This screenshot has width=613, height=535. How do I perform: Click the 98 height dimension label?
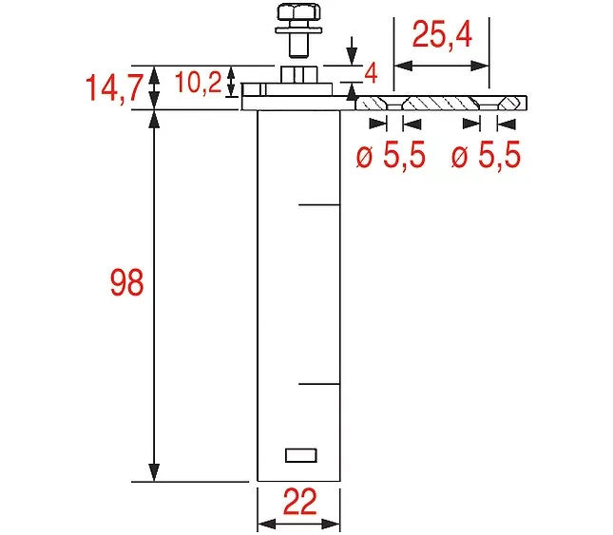pos(127,282)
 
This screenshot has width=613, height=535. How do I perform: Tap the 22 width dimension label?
pos(300,502)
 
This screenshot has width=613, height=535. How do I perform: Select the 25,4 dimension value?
pos(442,35)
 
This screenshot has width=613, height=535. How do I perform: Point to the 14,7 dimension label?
pos(113,88)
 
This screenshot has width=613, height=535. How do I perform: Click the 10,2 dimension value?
pos(199,83)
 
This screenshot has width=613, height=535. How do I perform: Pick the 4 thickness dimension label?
pos(371,73)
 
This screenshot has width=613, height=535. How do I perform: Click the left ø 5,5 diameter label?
pos(391,155)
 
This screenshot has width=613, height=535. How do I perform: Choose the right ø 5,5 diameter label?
pos(486,155)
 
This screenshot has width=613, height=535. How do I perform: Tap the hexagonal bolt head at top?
pos(298,11)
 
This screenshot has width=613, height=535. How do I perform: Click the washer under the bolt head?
pos(298,29)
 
